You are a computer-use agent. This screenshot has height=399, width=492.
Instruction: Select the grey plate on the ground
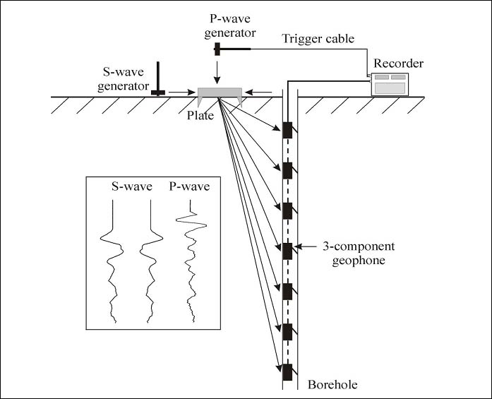(x=220, y=93)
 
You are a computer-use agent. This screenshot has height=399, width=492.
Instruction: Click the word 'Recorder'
(x=399, y=64)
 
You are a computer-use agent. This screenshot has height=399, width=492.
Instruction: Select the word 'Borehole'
(x=332, y=385)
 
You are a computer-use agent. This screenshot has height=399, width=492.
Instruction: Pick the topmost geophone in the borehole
(x=287, y=131)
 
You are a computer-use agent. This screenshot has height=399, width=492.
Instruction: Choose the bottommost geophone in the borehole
(x=287, y=371)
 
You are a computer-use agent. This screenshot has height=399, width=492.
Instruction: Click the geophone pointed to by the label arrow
(x=287, y=251)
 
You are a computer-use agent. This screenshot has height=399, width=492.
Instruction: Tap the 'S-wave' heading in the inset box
(x=128, y=188)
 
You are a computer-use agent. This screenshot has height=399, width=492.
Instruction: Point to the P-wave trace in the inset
(x=190, y=261)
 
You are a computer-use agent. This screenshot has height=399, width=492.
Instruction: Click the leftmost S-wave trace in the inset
(x=113, y=261)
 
